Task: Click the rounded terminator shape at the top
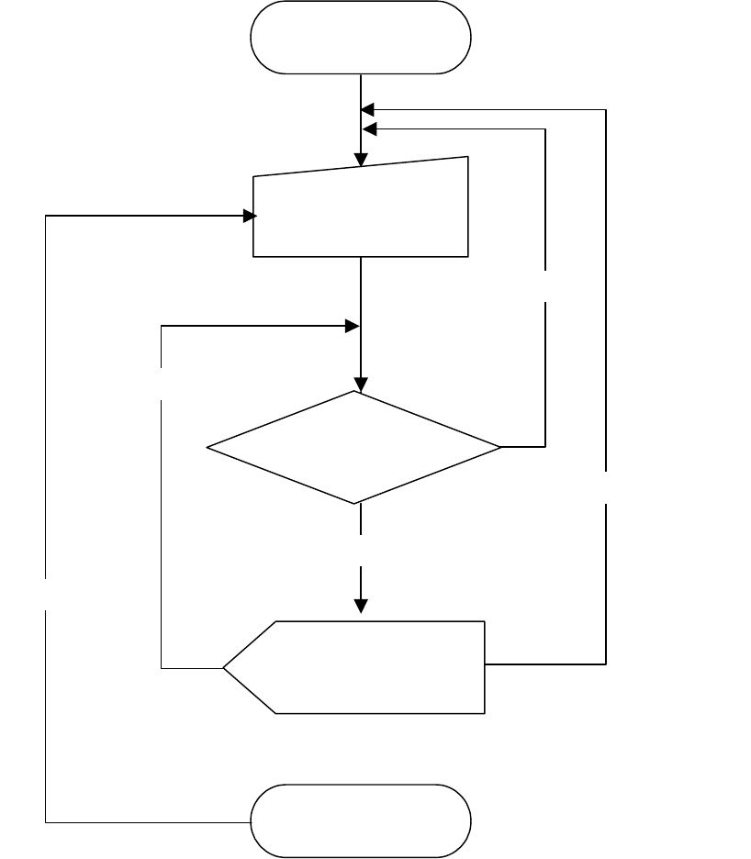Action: [x=361, y=38]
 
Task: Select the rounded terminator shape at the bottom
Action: [x=361, y=820]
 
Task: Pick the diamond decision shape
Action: [x=354, y=447]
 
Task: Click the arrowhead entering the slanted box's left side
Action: [x=249, y=217]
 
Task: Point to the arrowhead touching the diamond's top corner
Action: [x=361, y=385]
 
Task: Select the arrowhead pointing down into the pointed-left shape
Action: [x=361, y=606]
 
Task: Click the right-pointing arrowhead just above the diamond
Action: [x=351, y=326]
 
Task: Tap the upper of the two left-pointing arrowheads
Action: [x=368, y=109]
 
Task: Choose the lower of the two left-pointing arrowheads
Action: [x=368, y=128]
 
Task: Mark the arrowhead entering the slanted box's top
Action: [x=361, y=157]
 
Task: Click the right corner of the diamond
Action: [x=501, y=447]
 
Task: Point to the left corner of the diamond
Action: [x=208, y=448]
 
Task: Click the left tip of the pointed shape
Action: [x=225, y=667]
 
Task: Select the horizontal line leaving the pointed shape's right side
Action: [x=545, y=663]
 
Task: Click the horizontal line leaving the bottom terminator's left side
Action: [x=147, y=821]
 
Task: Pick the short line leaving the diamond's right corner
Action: [x=523, y=447]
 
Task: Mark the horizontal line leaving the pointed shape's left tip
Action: [x=193, y=667]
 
